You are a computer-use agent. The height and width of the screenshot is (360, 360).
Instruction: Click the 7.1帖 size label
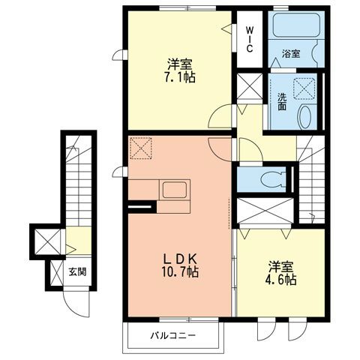[181, 76]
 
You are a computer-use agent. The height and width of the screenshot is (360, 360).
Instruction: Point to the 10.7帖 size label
[181, 271]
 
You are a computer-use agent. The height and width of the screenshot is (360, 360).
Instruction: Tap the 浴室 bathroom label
[291, 55]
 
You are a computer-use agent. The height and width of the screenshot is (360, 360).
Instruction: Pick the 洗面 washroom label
[281, 100]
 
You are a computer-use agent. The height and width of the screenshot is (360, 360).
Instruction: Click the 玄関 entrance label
[77, 271]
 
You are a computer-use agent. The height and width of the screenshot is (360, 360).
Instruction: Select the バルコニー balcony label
[171, 335]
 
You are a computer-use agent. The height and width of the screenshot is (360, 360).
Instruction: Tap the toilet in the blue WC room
[270, 178]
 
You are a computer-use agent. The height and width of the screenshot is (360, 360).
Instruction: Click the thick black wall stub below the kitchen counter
[140, 206]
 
